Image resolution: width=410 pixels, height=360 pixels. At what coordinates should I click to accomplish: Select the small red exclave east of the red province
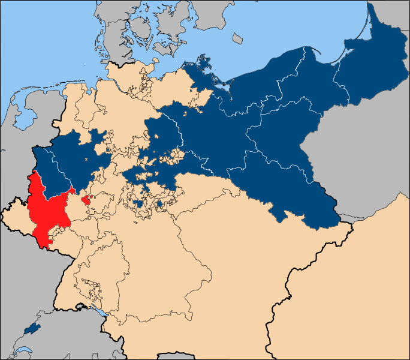(x=86, y=200)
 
